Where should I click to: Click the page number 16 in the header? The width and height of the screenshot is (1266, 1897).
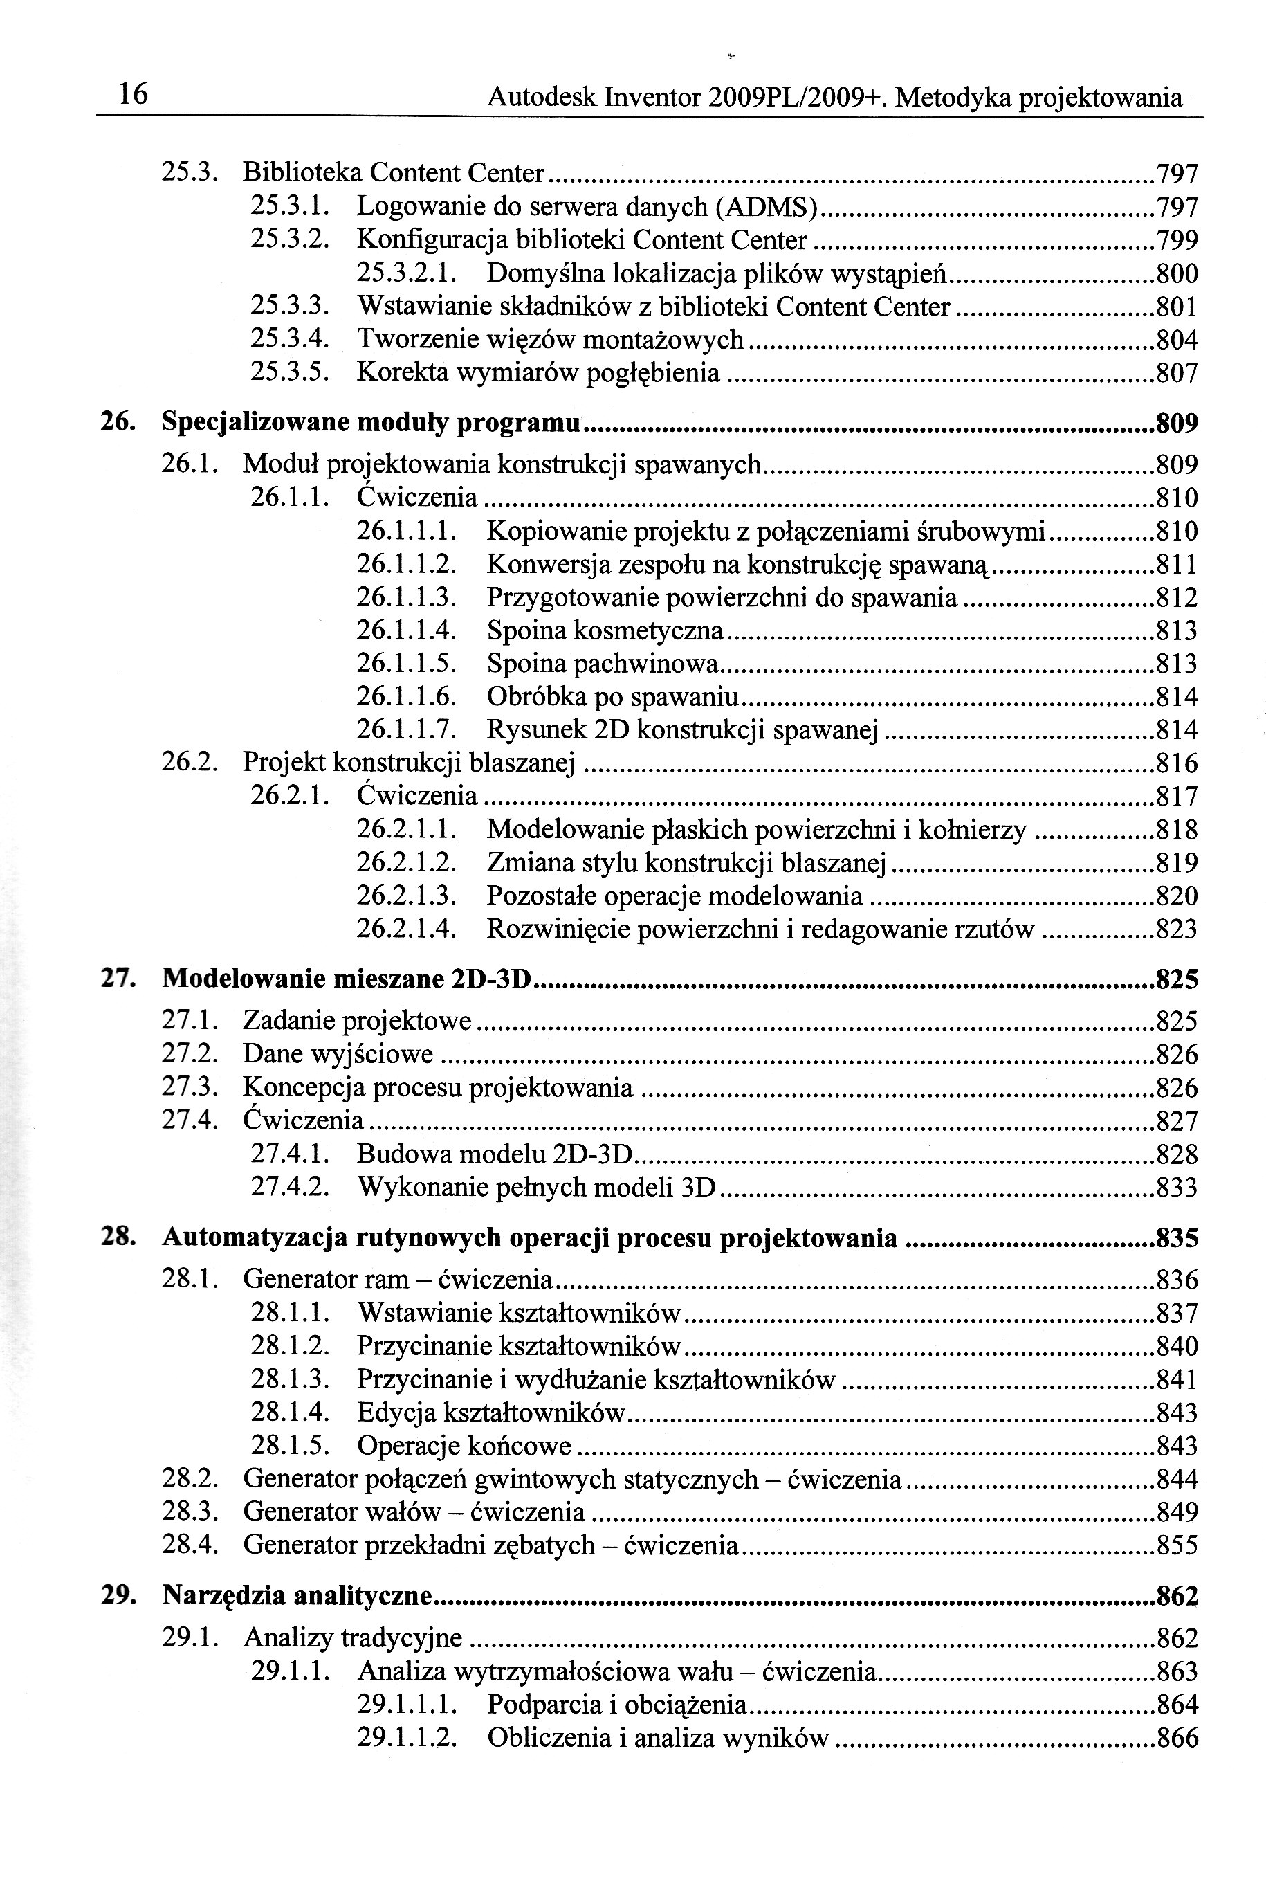coord(134,96)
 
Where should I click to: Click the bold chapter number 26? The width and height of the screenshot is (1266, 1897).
coord(116,421)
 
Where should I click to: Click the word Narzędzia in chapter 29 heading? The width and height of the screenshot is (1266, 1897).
coord(223,1596)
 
